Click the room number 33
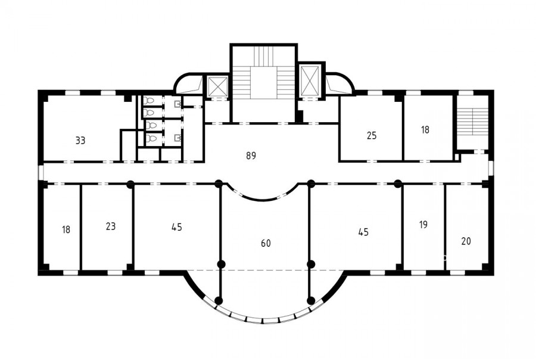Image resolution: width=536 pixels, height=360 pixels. (x=80, y=140)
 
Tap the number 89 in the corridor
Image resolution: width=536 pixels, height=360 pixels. (x=251, y=156)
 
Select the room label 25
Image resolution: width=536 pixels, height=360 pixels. (x=372, y=135)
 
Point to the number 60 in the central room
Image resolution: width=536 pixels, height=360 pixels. (x=266, y=243)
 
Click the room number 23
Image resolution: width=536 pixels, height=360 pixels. (x=111, y=226)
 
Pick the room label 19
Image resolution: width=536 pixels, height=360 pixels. (x=423, y=225)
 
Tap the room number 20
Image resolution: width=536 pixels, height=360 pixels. (x=466, y=241)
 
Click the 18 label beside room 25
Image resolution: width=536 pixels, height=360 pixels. (x=425, y=130)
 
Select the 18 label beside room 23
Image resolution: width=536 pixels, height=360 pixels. (x=66, y=229)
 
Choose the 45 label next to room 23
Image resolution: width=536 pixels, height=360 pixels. (x=177, y=227)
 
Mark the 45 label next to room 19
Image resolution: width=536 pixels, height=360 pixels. (x=363, y=232)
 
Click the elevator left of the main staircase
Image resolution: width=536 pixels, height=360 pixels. (x=218, y=86)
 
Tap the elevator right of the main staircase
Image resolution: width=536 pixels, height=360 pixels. (x=309, y=80)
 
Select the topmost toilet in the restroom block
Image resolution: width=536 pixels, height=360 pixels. (x=149, y=101)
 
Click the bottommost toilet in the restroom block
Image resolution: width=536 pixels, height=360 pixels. (x=151, y=138)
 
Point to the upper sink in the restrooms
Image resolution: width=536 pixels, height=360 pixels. (x=177, y=103)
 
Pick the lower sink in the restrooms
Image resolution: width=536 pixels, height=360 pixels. (x=177, y=138)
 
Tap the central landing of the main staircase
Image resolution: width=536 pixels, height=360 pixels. (x=263, y=83)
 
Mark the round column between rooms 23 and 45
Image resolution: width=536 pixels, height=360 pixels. (x=130, y=184)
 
